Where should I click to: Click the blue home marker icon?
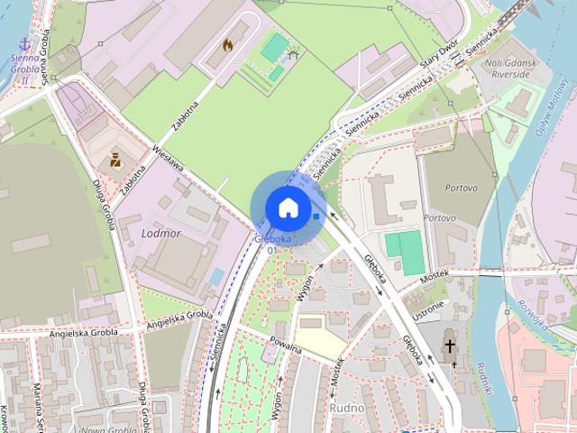(x=288, y=207)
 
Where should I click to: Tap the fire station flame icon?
(x=228, y=43)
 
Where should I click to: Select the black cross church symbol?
(x=450, y=346)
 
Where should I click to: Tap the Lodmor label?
(x=162, y=233)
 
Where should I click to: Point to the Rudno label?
(x=347, y=408)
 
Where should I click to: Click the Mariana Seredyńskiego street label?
(x=39, y=406)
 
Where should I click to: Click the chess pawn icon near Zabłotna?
(x=116, y=161)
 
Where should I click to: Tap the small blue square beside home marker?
(x=316, y=216)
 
